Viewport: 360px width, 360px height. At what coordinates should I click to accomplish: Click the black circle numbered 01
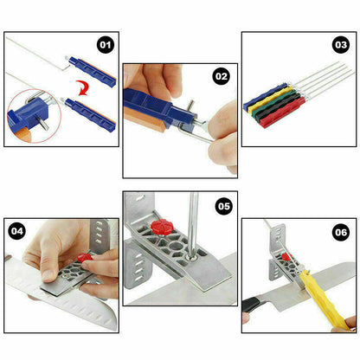[x=106, y=45]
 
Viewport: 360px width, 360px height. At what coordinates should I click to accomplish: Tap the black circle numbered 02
[x=222, y=76]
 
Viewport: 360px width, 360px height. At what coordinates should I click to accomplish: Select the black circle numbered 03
[x=341, y=45]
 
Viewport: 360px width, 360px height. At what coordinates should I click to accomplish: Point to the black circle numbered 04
[x=17, y=231]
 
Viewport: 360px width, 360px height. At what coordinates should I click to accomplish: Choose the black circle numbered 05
[x=224, y=206]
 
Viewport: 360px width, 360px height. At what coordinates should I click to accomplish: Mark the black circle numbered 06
[x=341, y=232]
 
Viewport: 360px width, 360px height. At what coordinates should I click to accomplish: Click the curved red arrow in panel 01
[x=82, y=88]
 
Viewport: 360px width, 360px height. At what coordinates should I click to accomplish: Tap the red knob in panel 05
[x=161, y=227]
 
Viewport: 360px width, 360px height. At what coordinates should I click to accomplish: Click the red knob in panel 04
[x=85, y=257]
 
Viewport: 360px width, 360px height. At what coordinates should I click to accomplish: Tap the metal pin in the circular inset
[x=43, y=121]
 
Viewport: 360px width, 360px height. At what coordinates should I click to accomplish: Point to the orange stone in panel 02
[x=145, y=119]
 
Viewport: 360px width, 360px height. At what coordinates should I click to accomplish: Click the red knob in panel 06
[x=286, y=256]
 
